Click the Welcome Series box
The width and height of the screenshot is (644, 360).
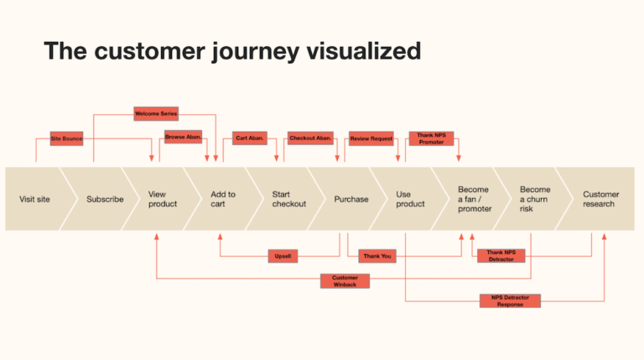[156, 113]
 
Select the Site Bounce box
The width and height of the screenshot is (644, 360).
[66, 138]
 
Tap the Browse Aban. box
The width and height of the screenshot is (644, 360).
[183, 138]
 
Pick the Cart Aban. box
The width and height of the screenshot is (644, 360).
[250, 138]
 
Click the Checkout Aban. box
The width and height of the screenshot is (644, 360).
[310, 138]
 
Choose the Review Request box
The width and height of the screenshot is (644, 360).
[371, 138]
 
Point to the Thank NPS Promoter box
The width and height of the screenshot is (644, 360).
[431, 138]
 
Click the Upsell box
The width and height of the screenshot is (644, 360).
[283, 255]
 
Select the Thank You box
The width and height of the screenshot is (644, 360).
[377, 255]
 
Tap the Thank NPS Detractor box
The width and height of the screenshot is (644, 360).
[501, 255]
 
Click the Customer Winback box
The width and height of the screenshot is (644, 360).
[345, 281]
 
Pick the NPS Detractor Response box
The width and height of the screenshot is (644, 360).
[510, 300]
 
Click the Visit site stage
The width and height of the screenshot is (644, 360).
[34, 200]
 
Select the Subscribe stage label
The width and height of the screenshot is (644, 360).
[105, 200]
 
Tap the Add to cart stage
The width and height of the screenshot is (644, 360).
[223, 199]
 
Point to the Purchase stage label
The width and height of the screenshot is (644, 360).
[351, 200]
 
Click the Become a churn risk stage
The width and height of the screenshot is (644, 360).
[535, 199]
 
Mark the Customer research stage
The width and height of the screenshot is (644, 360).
[600, 199]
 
